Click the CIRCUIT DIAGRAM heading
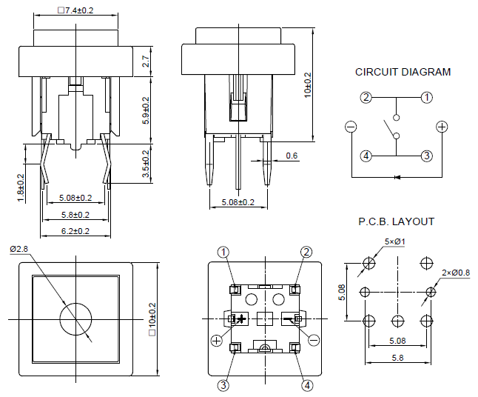(403, 73)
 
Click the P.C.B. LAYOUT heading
(396, 221)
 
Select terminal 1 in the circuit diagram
(427, 98)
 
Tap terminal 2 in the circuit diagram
(366, 98)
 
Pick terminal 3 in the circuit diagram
(427, 156)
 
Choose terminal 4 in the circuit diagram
(366, 156)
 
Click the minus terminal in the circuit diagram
(350, 127)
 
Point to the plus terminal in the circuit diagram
(442, 127)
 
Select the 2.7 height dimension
(147, 62)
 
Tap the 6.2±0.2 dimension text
(75, 230)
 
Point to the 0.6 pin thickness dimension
(291, 156)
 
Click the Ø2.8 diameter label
(18, 249)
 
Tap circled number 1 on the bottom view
(224, 252)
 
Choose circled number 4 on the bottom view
(308, 384)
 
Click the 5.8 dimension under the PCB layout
(397, 358)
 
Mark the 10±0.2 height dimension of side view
(307, 85)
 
